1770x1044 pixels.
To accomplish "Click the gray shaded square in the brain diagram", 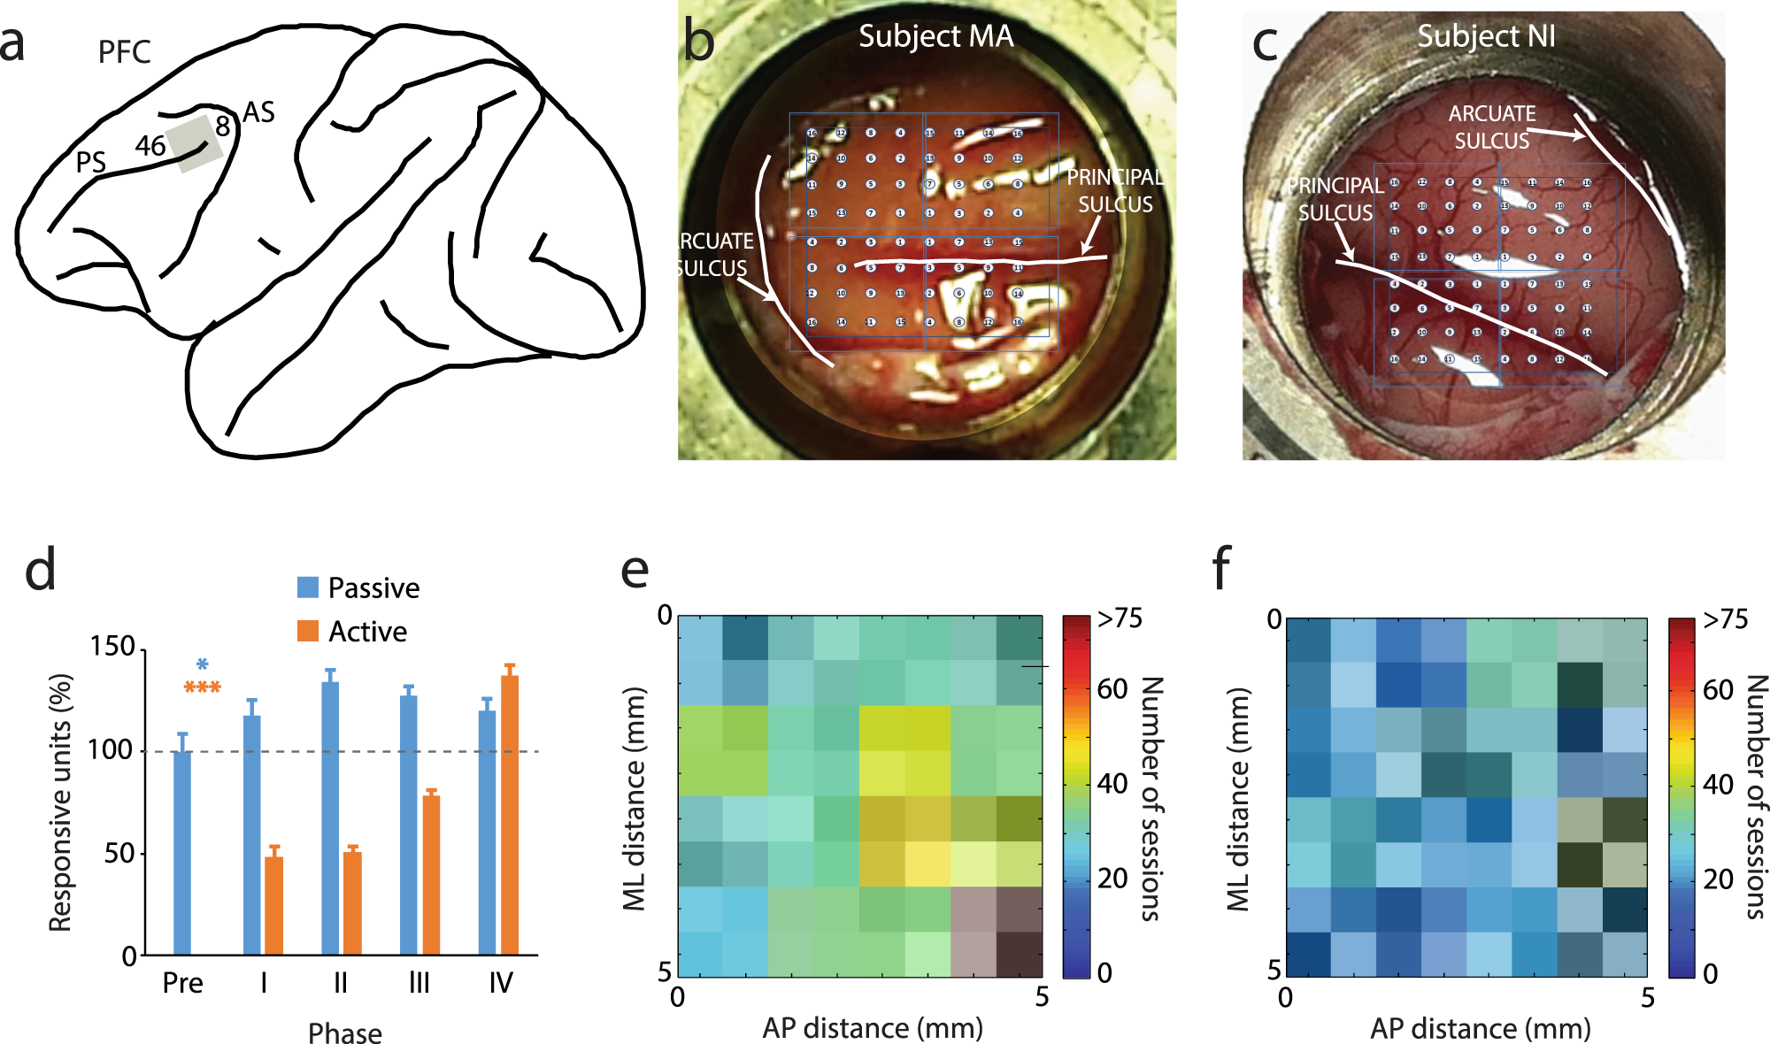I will [x=195, y=143].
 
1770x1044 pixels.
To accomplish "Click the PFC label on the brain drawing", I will [x=124, y=52].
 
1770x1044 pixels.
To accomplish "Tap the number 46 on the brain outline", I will [x=150, y=145].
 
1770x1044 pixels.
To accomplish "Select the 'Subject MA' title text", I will [x=935, y=36].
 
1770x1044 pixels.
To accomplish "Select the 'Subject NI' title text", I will [x=1486, y=36].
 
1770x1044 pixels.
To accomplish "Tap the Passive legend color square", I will [x=308, y=587].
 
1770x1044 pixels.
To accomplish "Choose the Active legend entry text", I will [x=367, y=632].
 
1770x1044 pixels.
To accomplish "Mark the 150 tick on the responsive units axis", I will [x=112, y=647].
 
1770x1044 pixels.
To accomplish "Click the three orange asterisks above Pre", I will [x=202, y=687].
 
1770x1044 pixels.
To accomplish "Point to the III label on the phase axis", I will [x=419, y=983].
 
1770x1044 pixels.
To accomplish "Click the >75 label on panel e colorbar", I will [x=1120, y=618].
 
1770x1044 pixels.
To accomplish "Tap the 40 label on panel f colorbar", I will [x=1718, y=784].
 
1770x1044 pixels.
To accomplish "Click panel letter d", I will [x=40, y=569].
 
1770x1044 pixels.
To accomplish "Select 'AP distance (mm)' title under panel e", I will [x=873, y=1028].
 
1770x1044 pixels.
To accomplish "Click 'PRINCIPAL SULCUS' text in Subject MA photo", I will [x=1115, y=190].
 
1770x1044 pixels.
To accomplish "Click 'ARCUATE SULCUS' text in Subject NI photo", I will [x=1491, y=127].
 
